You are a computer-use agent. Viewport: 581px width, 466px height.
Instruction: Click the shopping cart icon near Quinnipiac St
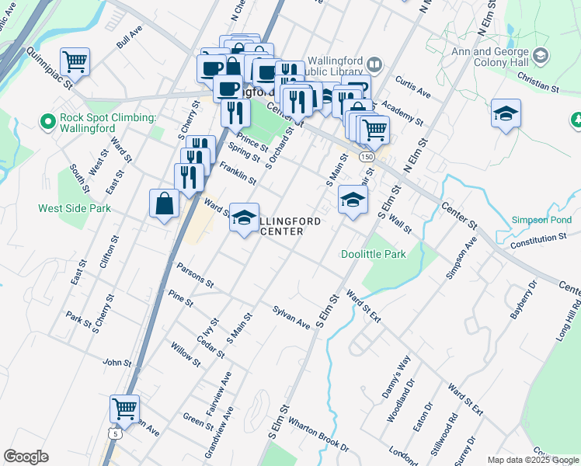pyautogui.click(x=75, y=61)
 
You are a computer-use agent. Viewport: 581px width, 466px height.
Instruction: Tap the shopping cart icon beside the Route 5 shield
pyautogui.click(x=124, y=408)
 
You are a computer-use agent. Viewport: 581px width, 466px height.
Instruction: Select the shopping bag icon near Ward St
pyautogui.click(x=165, y=204)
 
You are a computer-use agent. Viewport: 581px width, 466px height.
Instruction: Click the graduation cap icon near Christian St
pyautogui.click(x=506, y=113)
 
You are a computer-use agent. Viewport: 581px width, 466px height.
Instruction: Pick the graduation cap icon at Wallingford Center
pyautogui.click(x=245, y=219)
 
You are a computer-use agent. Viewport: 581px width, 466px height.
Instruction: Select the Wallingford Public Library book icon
pyautogui.click(x=374, y=64)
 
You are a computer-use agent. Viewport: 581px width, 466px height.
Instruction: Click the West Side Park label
pyautogui.click(x=75, y=208)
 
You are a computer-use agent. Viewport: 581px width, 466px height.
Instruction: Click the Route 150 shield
pyautogui.click(x=367, y=157)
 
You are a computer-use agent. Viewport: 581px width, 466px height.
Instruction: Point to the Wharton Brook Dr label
pyautogui.click(x=318, y=436)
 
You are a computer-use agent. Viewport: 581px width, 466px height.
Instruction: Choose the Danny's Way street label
pyautogui.click(x=395, y=378)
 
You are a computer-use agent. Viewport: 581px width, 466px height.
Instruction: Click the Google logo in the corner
pyautogui.click(x=26, y=457)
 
